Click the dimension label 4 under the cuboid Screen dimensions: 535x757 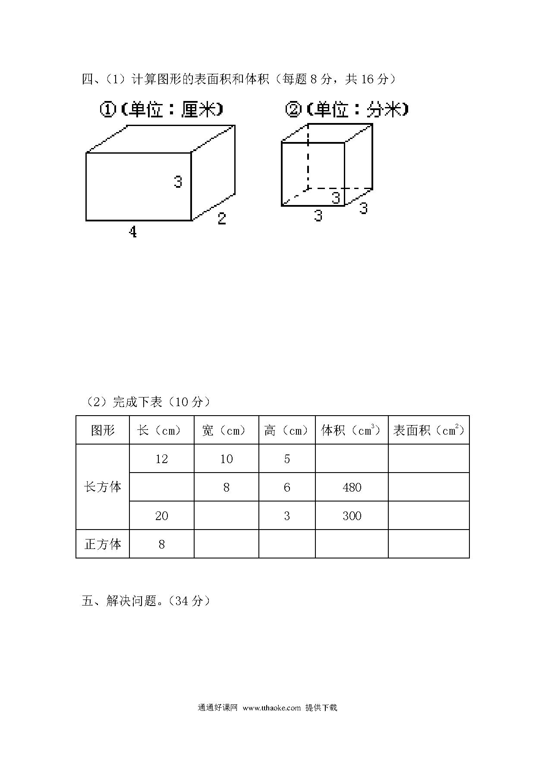(x=133, y=232)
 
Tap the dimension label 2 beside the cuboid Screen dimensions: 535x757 (x=222, y=219)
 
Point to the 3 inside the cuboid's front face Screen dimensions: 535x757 (x=178, y=182)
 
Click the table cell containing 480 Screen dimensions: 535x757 (x=352, y=487)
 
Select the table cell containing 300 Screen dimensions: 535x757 (x=352, y=516)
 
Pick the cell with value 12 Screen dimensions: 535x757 (x=161, y=459)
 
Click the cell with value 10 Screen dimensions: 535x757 (x=227, y=459)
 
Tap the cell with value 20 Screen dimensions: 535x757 (x=161, y=516)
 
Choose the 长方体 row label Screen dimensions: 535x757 (x=103, y=487)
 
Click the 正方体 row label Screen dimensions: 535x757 (x=103, y=544)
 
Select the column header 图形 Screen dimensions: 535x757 (x=103, y=430)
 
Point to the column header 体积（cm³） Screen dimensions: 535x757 (x=352, y=430)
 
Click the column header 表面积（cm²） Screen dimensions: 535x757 (x=429, y=430)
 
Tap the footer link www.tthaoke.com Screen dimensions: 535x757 (x=271, y=708)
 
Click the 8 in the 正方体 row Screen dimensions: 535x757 (x=161, y=544)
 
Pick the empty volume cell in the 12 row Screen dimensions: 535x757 (x=352, y=459)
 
